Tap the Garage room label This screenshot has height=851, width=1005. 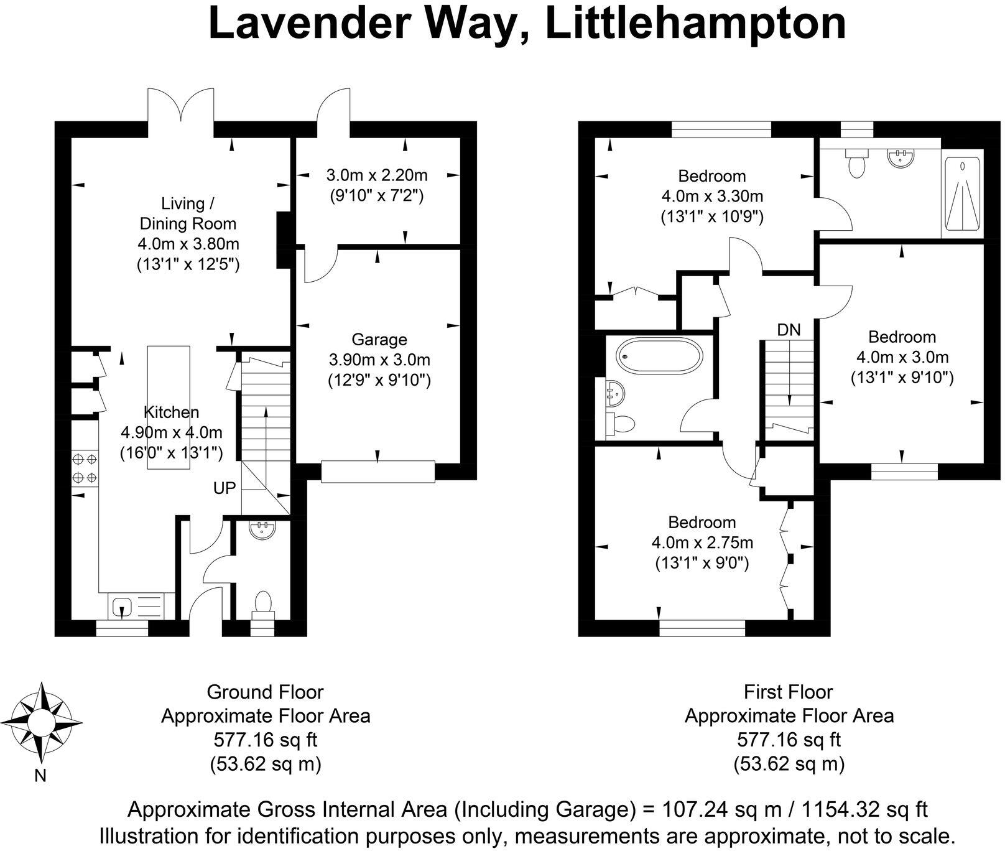[x=379, y=340]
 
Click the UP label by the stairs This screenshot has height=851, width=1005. [x=225, y=488]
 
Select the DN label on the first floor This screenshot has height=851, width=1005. [x=789, y=330]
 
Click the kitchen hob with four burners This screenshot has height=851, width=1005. [x=85, y=468]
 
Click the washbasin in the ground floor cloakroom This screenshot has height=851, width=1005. [x=262, y=529]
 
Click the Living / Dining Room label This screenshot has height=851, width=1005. [x=188, y=213]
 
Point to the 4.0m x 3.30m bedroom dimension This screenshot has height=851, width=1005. [x=712, y=197]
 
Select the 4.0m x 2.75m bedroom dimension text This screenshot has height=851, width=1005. [x=702, y=542]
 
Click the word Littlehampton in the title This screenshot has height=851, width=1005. [x=695, y=24]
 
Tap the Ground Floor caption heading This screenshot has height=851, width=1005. [x=266, y=692]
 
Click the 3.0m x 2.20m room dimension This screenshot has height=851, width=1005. [x=377, y=175]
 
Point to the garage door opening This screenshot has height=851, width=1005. [x=377, y=471]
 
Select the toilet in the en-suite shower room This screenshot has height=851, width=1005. [x=857, y=162]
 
